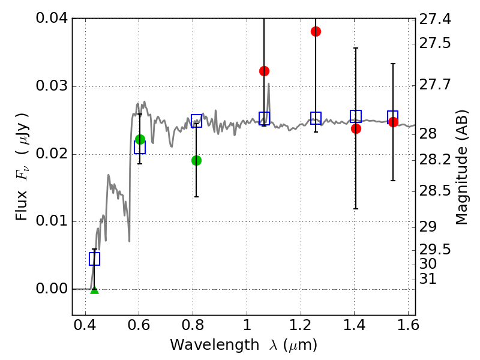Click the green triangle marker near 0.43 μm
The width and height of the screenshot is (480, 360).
tap(94, 290)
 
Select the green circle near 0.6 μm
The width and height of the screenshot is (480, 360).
tap(140, 139)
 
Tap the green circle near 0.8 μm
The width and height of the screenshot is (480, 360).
tap(196, 160)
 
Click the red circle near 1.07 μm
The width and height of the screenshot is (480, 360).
tap(264, 71)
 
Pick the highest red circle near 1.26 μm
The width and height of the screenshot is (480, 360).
tap(316, 31)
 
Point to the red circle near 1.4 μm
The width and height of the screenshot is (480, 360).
tap(356, 128)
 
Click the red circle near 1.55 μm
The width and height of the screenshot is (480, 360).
tap(393, 122)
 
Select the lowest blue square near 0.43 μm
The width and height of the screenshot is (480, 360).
tap(94, 259)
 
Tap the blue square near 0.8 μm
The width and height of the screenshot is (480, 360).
tap(196, 121)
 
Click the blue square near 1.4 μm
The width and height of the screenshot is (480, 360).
tap(356, 116)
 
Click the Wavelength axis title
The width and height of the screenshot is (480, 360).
tap(243, 346)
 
